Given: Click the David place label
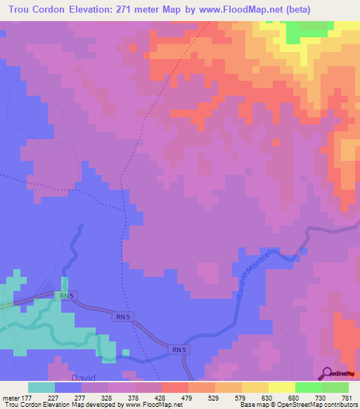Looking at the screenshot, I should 83,378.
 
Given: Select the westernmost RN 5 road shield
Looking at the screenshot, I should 65,297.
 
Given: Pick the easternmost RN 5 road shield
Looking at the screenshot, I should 178,349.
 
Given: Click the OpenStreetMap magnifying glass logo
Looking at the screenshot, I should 327,373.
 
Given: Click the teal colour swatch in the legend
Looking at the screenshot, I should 41,387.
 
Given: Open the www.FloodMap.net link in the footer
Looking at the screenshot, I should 153,405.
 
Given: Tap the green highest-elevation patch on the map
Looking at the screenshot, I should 309,30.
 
